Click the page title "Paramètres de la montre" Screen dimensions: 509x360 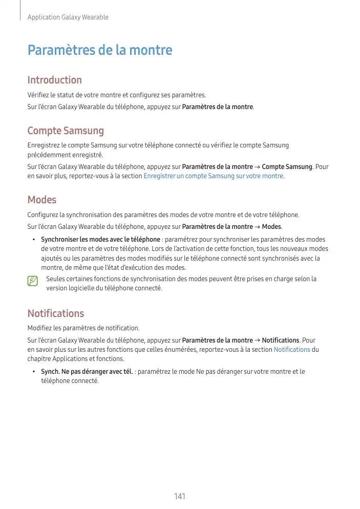click(x=100, y=51)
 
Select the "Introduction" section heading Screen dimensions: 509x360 click(x=54, y=80)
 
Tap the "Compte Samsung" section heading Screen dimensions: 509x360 click(x=66, y=131)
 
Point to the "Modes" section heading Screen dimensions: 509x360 click(x=41, y=200)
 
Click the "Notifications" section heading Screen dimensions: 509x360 click(x=55, y=313)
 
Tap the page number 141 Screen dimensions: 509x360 click(x=180, y=496)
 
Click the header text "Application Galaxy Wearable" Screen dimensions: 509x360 click(x=68, y=17)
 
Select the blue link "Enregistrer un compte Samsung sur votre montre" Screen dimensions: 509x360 click(x=214, y=176)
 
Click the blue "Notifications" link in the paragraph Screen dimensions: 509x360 click(x=292, y=349)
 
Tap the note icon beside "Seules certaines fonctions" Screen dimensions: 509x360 click(x=33, y=281)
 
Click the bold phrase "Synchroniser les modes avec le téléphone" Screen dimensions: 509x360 click(x=100, y=240)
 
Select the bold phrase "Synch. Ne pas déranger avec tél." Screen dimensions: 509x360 click(x=87, y=372)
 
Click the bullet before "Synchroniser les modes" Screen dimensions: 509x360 click(x=33, y=240)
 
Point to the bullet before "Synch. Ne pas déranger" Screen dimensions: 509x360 click(x=33, y=372)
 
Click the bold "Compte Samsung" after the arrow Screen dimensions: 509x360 click(x=287, y=167)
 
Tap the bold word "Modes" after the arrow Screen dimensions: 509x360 click(x=271, y=227)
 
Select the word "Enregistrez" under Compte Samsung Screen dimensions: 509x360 click(x=44, y=146)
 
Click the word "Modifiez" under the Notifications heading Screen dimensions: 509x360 click(x=39, y=328)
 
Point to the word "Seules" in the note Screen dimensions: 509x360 click(x=55, y=279)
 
